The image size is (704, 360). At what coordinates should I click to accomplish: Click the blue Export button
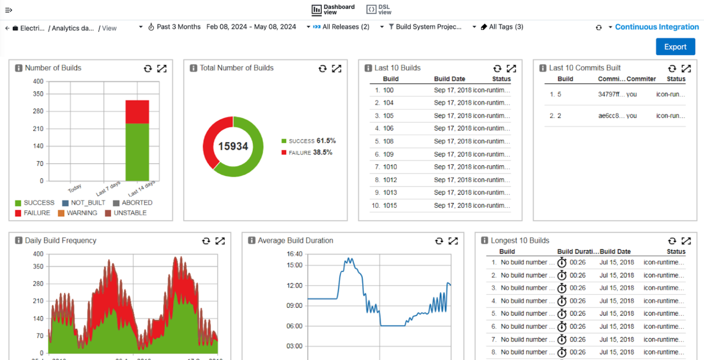[x=675, y=47]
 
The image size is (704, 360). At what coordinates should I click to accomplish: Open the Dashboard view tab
[x=333, y=10]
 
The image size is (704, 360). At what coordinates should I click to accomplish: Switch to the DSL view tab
[x=379, y=10]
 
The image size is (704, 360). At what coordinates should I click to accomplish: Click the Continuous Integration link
[x=656, y=27]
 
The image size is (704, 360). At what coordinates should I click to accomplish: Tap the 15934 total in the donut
[x=233, y=147]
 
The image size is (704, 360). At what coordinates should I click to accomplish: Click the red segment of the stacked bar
[x=137, y=112]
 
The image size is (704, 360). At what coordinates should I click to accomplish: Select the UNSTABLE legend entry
[x=130, y=213]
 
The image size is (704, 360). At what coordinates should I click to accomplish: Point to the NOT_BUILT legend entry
[x=88, y=203]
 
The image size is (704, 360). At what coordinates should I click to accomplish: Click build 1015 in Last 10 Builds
[x=390, y=206]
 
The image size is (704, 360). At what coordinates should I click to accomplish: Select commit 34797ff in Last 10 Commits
[x=608, y=94]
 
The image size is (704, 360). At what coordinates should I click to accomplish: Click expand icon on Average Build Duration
[x=453, y=241]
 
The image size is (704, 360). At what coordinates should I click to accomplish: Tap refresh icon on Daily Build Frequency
[x=206, y=241]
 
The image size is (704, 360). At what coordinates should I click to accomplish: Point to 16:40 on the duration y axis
[x=294, y=254]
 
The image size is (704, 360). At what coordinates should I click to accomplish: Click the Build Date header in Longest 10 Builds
[x=615, y=251]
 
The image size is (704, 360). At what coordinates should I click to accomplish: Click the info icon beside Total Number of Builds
[x=193, y=68]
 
